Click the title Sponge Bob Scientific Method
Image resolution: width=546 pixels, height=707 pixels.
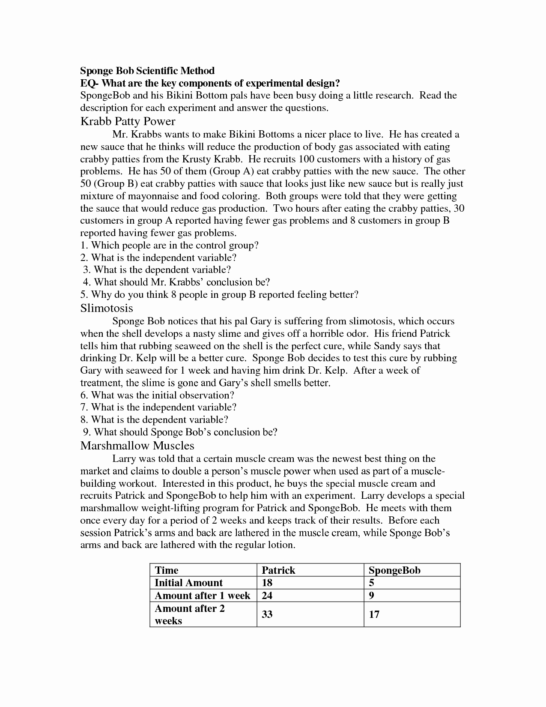click(147, 70)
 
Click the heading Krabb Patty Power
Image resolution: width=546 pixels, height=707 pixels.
click(128, 121)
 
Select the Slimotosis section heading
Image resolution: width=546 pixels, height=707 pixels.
click(107, 308)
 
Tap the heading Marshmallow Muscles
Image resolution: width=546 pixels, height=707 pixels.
click(137, 446)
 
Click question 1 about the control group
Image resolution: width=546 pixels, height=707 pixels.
click(170, 245)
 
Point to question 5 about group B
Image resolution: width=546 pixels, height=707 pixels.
click(219, 295)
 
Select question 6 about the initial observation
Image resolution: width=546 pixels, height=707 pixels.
click(157, 395)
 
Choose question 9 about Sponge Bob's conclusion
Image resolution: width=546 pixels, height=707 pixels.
click(180, 432)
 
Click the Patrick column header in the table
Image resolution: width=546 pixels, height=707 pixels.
click(278, 570)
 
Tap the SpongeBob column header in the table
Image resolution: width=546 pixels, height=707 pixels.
click(394, 570)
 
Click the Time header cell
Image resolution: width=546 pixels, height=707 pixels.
click(166, 570)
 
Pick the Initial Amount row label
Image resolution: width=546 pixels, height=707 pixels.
click(188, 583)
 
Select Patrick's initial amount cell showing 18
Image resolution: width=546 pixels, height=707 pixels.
click(267, 583)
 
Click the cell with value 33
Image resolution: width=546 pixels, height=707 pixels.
click(267, 614)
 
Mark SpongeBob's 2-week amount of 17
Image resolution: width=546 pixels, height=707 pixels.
click(374, 614)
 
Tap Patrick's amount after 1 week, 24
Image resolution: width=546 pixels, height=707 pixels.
click(267, 596)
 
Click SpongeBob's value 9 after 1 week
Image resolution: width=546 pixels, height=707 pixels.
click(371, 596)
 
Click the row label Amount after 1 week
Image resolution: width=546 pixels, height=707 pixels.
click(202, 596)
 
